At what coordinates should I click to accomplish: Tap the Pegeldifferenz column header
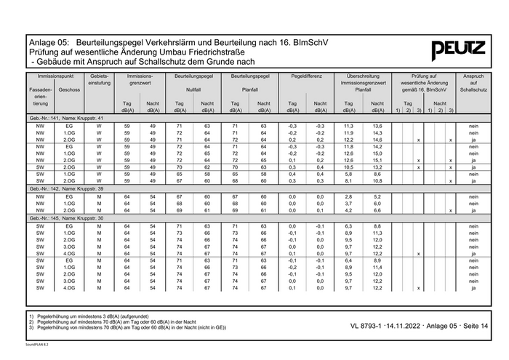tap(305, 76)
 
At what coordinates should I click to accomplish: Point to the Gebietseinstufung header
tap(99, 80)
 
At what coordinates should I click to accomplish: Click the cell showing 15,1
tap(377, 160)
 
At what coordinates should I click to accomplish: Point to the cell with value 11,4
tap(377, 267)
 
